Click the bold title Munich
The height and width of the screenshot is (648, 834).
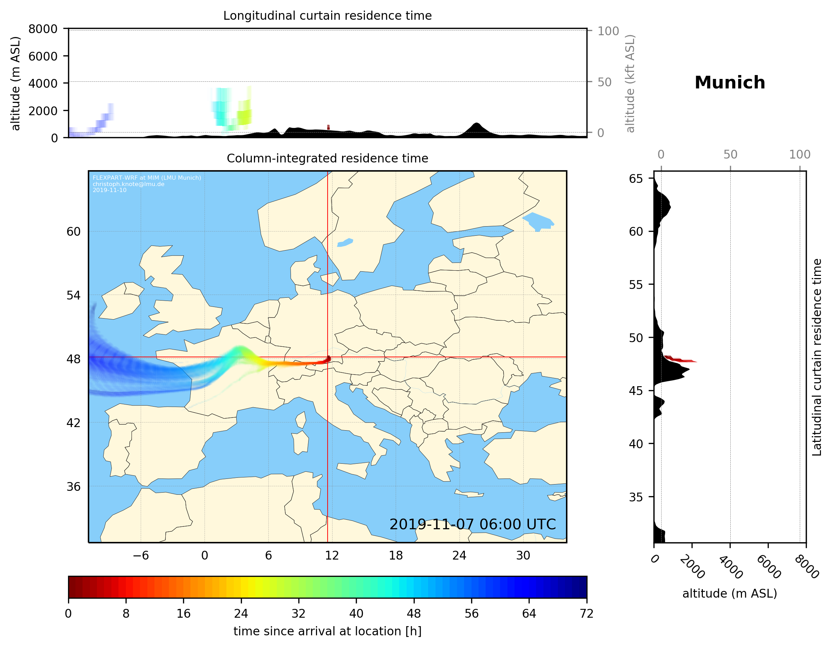(729, 83)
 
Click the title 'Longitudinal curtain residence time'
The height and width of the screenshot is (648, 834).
(327, 16)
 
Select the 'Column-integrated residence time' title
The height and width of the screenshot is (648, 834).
(327, 158)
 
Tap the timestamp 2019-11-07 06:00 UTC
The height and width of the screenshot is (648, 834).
(473, 524)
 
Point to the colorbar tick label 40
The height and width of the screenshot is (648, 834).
(356, 614)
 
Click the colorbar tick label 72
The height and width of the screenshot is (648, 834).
(586, 614)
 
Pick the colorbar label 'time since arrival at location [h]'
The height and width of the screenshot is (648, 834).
(327, 631)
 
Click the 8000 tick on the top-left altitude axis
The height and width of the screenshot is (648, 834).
(43, 29)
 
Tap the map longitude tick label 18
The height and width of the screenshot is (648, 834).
(396, 555)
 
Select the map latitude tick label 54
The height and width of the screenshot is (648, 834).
(73, 295)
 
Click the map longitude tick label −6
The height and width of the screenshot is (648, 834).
(140, 555)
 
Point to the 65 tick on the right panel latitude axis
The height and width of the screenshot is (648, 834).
(636, 179)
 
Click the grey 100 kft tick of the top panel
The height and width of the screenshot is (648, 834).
(608, 31)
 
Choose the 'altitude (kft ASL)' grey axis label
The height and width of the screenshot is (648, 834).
(630, 84)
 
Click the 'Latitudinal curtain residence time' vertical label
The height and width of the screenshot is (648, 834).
(816, 357)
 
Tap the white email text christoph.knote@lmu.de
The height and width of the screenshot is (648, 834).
(128, 184)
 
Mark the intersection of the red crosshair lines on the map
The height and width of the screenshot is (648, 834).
(328, 357)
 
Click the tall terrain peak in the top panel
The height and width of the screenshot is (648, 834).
(476, 125)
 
